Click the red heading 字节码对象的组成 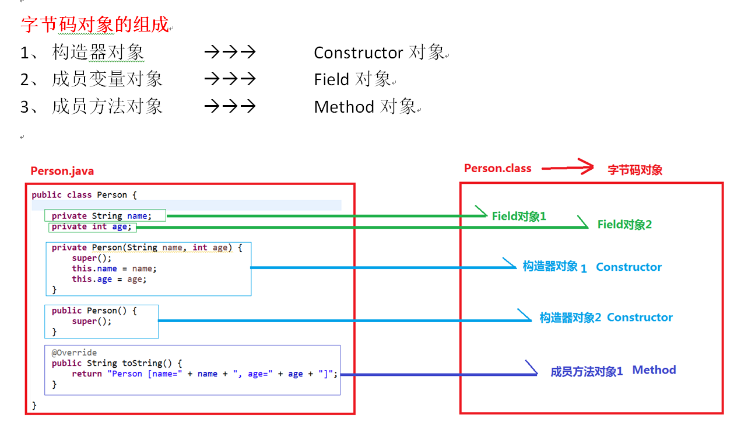click(x=94, y=25)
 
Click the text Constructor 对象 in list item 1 click(x=380, y=53)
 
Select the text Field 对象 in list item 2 click(x=352, y=79)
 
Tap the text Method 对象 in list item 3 click(x=365, y=107)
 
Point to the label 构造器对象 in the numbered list click(x=98, y=53)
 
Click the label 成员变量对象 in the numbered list click(x=107, y=79)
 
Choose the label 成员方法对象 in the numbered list click(x=107, y=107)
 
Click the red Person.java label click(x=62, y=171)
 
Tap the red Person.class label click(x=498, y=169)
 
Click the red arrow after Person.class click(x=567, y=168)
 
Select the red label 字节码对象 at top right click(x=635, y=170)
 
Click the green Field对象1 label click(x=519, y=216)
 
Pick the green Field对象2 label click(x=624, y=224)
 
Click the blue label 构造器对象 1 click(x=554, y=267)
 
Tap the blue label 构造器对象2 click(x=570, y=318)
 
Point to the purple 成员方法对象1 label click(x=587, y=371)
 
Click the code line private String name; click(x=101, y=216)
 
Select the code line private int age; click(x=92, y=226)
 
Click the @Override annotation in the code click(x=74, y=353)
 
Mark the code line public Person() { click(x=94, y=311)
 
